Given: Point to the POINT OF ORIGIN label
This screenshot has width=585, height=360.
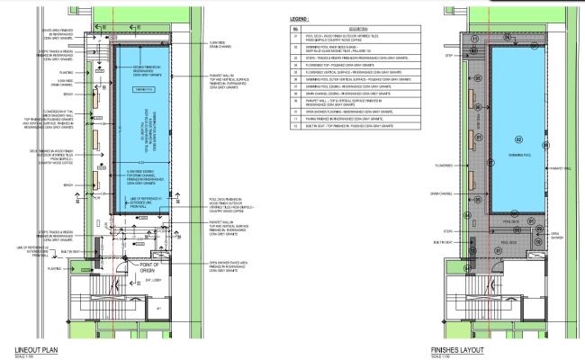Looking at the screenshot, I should click(148, 267).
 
